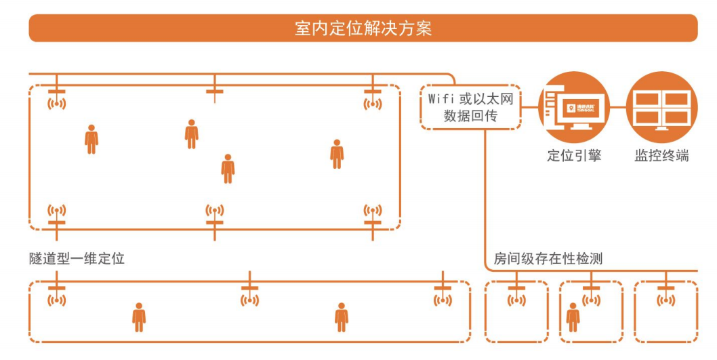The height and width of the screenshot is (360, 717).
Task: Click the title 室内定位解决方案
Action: click(363, 28)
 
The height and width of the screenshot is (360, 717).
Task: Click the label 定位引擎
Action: click(574, 155)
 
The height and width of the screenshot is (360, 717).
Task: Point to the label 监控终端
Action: click(661, 155)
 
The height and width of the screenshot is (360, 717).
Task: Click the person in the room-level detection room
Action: click(573, 317)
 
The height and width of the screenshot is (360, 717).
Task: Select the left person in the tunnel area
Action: click(139, 317)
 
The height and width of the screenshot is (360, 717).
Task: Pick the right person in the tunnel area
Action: click(342, 317)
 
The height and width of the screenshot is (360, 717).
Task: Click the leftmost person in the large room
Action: click(91, 139)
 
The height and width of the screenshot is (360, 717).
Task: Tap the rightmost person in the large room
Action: click(337, 154)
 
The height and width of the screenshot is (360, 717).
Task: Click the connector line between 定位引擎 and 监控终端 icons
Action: click(617, 107)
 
